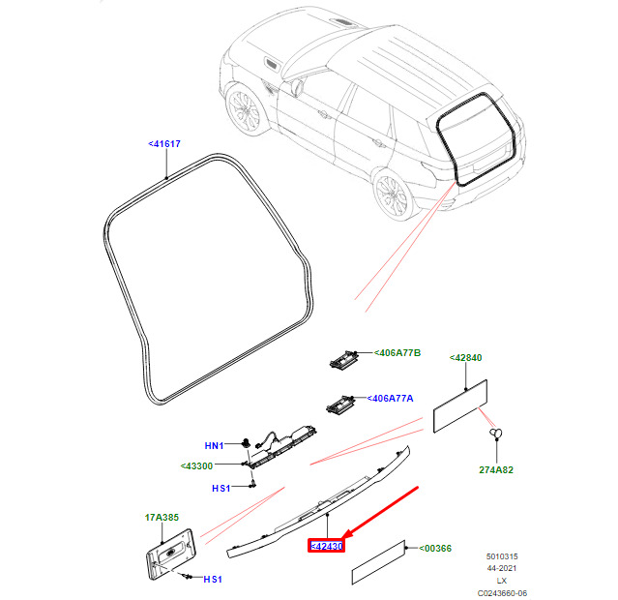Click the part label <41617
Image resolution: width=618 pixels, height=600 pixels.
164,143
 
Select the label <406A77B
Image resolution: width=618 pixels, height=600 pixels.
397,353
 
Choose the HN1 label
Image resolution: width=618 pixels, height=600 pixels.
215,445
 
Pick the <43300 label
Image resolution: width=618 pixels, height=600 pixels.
197,466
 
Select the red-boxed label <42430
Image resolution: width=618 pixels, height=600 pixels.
327,547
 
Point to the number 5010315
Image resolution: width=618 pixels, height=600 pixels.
502,556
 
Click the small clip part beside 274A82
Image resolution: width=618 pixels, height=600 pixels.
496,433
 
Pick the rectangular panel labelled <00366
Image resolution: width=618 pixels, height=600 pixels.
378,562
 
